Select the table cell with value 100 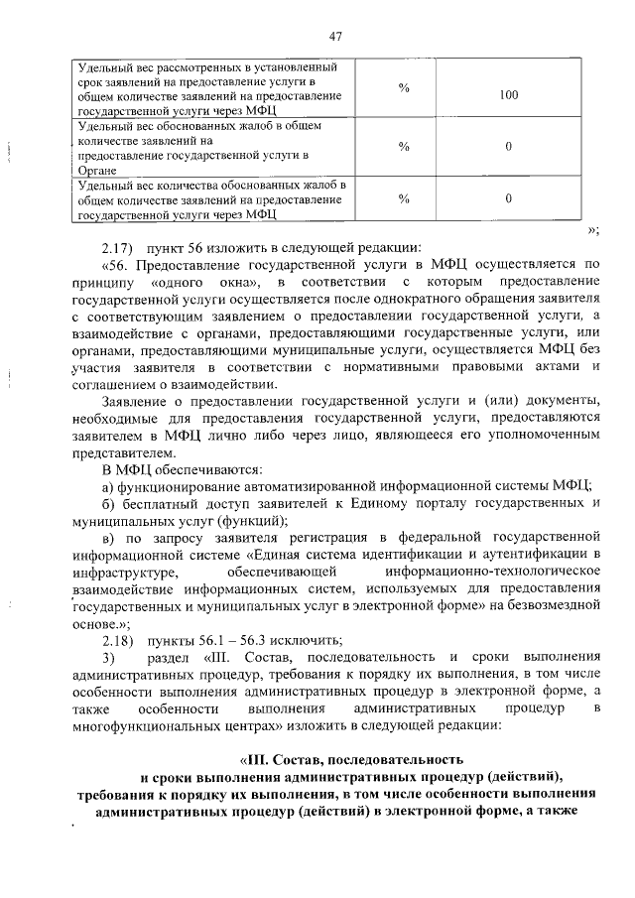[509, 95]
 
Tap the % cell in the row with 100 [404, 89]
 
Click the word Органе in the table [97, 171]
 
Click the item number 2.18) [120, 640]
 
